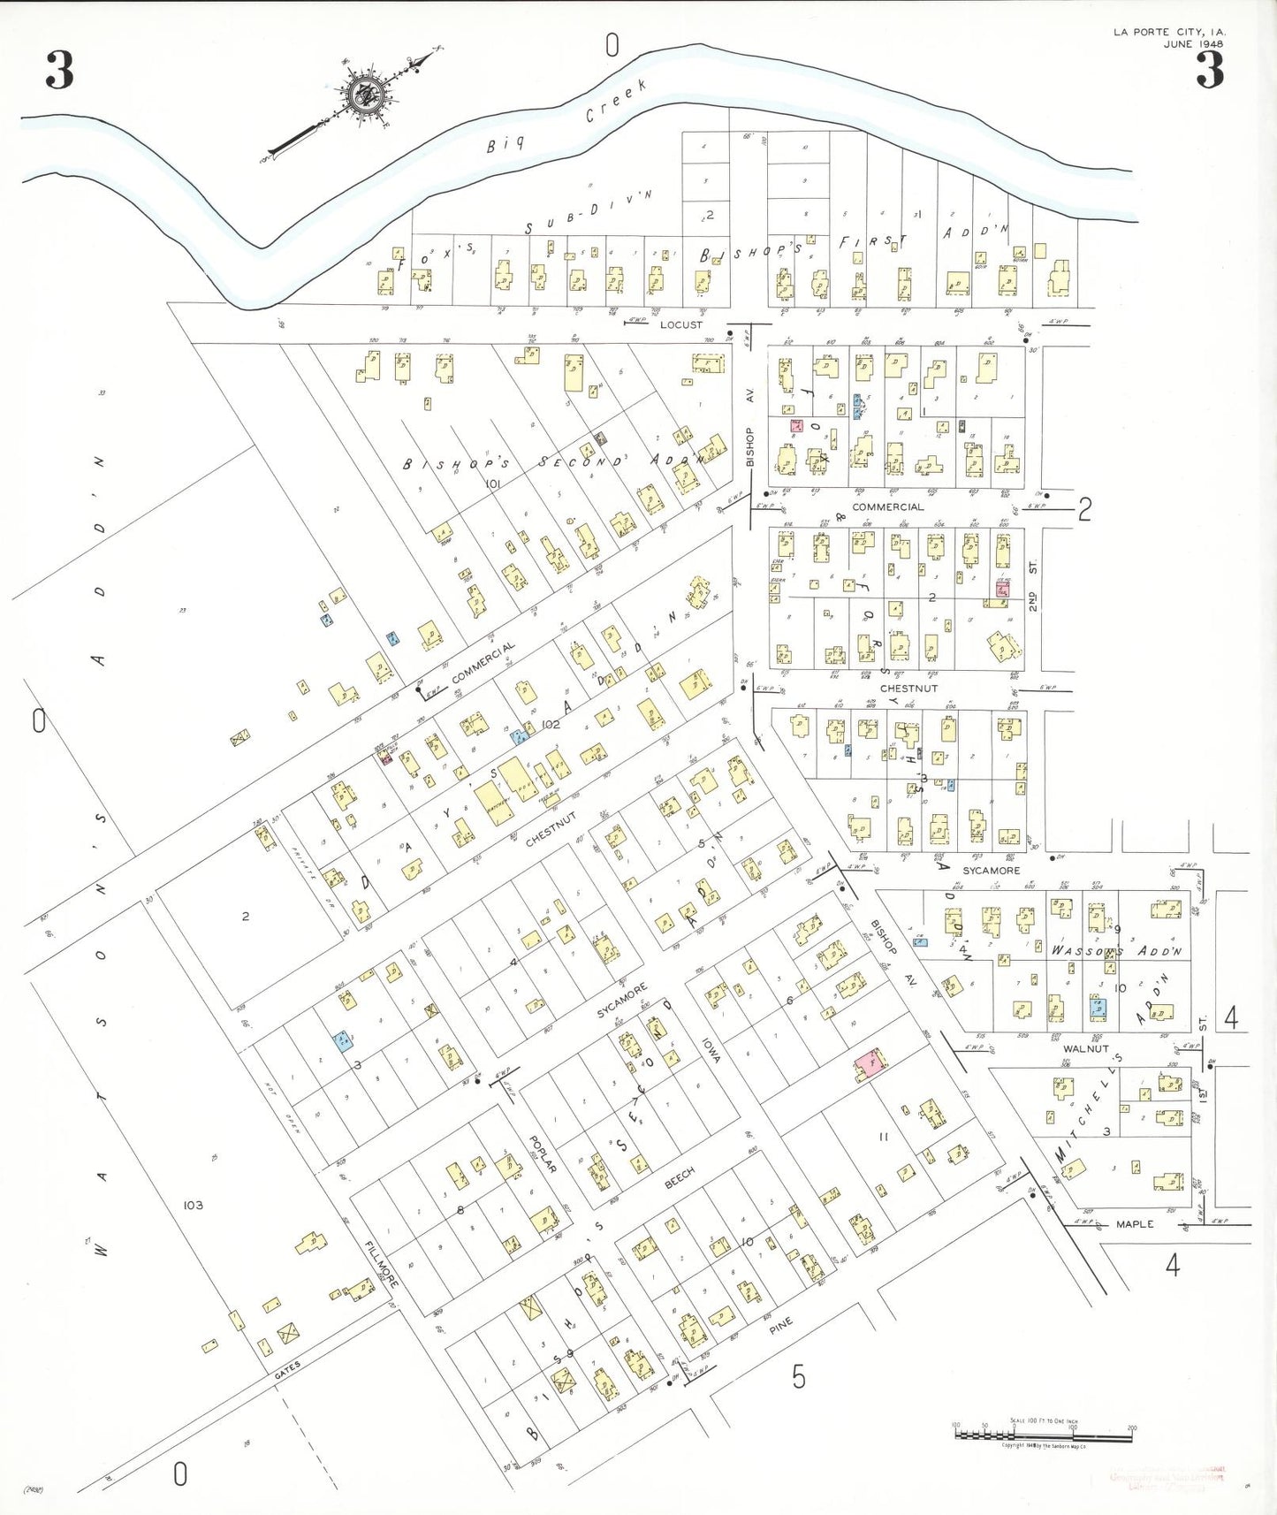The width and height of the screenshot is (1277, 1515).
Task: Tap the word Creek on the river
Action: click(616, 101)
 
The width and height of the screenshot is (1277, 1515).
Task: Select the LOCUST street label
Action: click(681, 324)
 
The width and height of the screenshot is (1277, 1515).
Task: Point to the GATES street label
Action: click(287, 1371)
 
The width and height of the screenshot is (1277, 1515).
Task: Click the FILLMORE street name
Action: click(383, 1264)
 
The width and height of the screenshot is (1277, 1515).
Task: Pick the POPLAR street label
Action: click(543, 1154)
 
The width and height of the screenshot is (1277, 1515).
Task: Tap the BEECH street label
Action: click(680, 1178)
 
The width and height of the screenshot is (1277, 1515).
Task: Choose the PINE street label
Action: click(780, 1325)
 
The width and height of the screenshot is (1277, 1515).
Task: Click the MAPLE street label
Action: click(1135, 1224)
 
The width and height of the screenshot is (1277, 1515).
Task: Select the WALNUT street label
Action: click(1086, 1048)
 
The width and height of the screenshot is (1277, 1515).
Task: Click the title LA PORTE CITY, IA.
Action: click(1169, 32)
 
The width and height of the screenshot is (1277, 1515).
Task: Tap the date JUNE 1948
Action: click(1193, 43)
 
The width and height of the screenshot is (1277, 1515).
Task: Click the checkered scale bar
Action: click(1043, 1435)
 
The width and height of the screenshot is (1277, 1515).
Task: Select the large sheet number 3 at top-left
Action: click(59, 71)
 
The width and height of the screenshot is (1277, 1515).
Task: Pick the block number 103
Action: click(193, 1205)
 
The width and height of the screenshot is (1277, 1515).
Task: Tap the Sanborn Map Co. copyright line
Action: click(1044, 1446)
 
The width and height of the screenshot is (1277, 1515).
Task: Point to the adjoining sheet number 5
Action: click(798, 1376)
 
